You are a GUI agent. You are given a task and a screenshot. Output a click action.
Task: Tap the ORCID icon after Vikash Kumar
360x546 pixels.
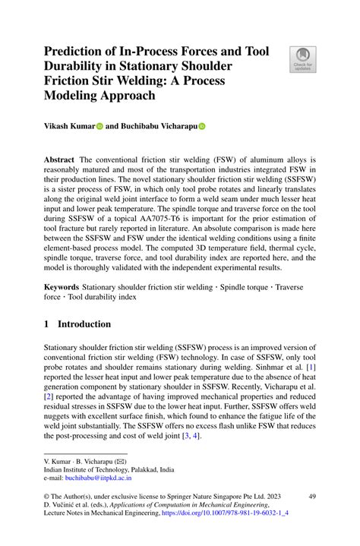pos(99,128)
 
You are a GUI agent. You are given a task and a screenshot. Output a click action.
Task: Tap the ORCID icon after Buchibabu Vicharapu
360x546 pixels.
pos(202,128)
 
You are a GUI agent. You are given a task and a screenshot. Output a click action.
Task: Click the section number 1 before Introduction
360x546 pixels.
pos(47,324)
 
